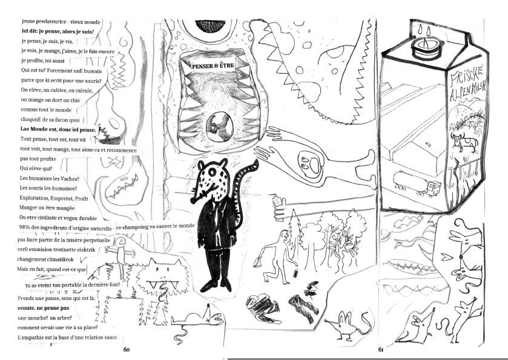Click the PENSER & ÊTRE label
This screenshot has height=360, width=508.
pos(213,66)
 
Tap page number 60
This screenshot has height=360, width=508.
pos(127,350)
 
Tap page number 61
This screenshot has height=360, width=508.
pos(381,350)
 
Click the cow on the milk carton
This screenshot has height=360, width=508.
pos(464,142)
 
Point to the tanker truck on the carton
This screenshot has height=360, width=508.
pos(417,183)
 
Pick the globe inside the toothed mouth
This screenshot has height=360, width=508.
pos(220,126)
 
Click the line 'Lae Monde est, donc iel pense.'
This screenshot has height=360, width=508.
pos(58,129)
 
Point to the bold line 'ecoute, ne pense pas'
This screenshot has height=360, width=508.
pos(44,308)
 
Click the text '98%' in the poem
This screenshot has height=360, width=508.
pos(25,227)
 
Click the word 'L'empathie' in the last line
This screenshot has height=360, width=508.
pos(30,338)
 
